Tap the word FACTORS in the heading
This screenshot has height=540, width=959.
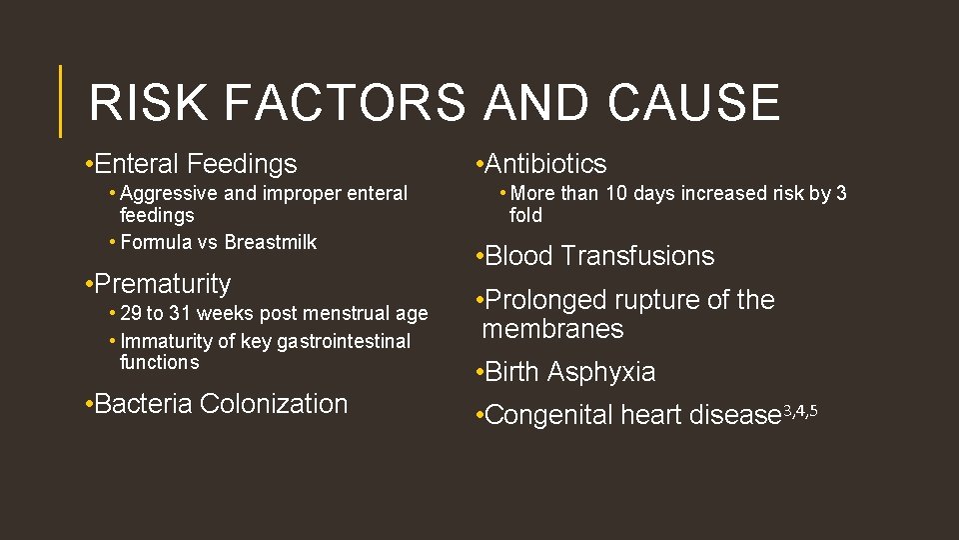[345, 102]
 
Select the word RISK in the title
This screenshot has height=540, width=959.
[149, 102]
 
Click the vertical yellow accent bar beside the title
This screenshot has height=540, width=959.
[61, 101]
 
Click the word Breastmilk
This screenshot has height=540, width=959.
[271, 242]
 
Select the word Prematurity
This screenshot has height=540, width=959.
[163, 284]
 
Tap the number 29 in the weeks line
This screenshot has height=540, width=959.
[131, 314]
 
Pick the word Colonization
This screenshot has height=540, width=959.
[274, 404]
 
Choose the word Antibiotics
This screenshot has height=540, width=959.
[545, 164]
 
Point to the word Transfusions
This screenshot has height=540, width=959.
[637, 256]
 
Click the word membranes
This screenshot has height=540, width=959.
[551, 329]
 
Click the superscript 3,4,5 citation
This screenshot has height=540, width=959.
[800, 410]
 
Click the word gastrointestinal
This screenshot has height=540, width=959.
[344, 341]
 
